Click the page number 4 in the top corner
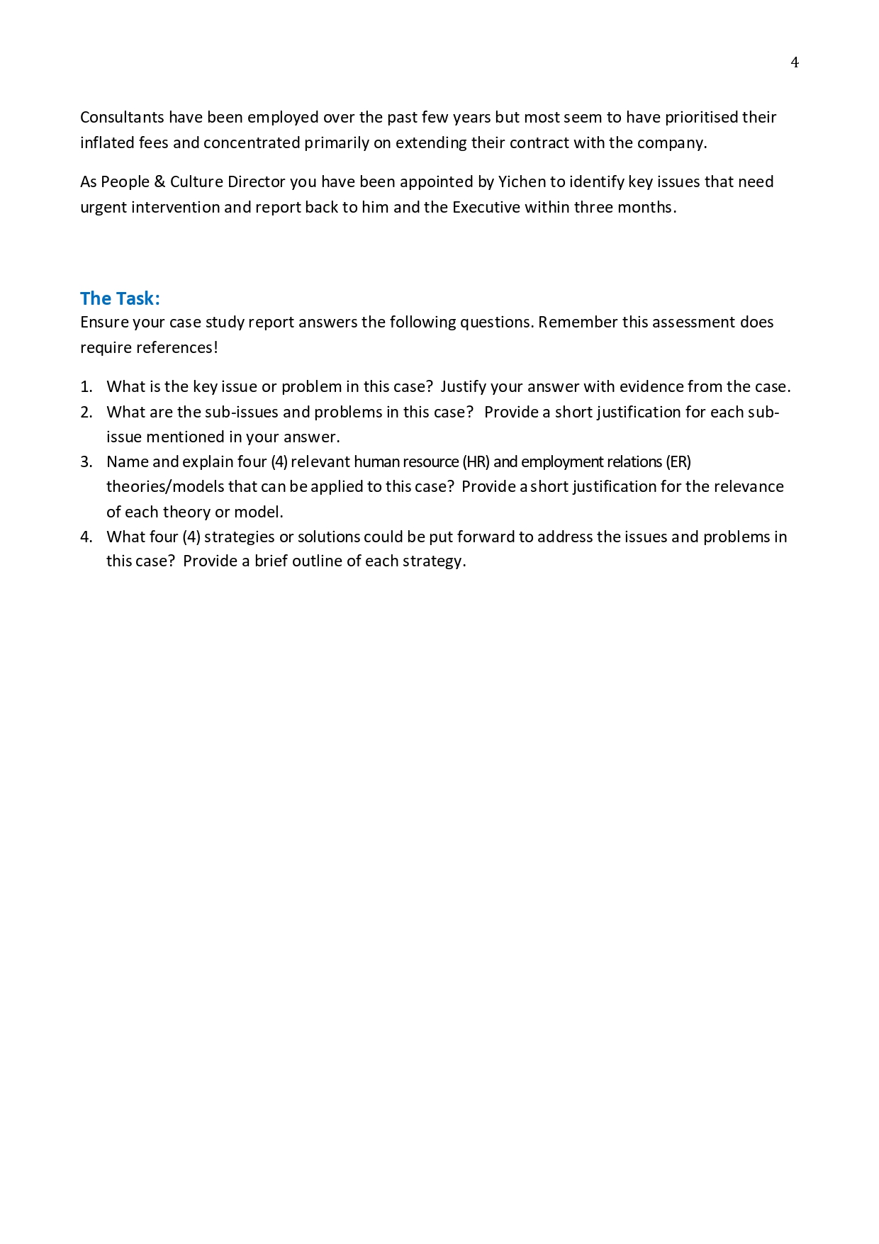795,62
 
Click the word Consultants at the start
122,117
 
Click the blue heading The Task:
120,298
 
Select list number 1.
86,386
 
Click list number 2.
86,412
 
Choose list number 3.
86,461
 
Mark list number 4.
86,537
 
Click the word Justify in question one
463,386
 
